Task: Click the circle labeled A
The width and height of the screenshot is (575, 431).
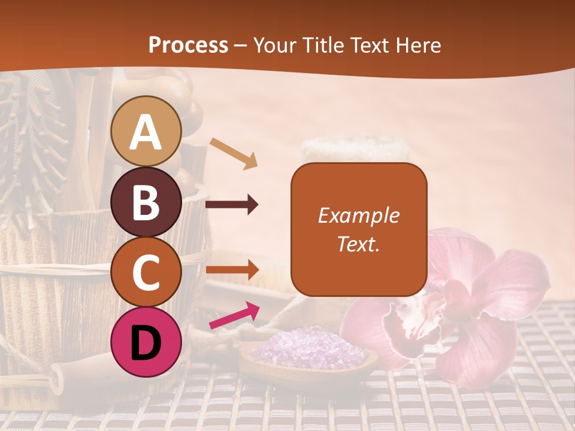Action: [146, 132]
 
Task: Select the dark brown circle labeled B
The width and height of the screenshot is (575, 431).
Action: [146, 202]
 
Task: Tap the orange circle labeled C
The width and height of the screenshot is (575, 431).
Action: [146, 272]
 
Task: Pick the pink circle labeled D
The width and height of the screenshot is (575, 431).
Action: [146, 342]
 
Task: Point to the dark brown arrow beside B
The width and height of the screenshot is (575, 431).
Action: [232, 205]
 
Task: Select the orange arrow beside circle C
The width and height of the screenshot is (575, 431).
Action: [232, 269]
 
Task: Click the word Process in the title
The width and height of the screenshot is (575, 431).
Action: [188, 45]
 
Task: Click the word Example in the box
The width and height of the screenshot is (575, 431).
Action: [358, 215]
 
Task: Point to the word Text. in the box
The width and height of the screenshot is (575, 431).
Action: [358, 244]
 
